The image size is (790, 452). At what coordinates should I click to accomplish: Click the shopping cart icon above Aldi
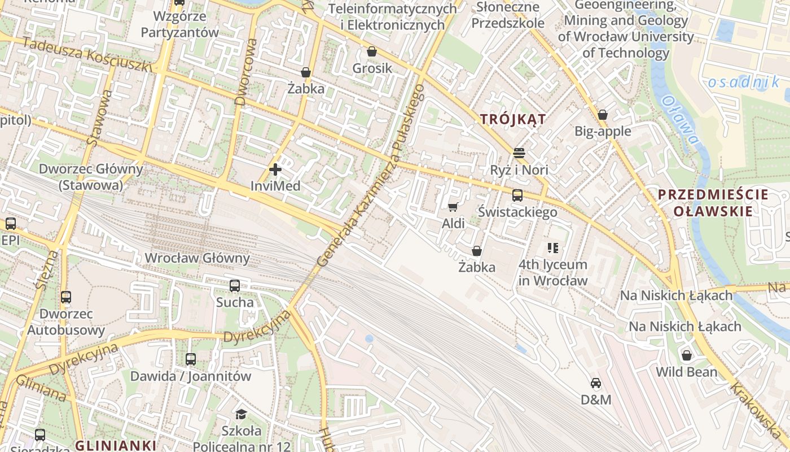click(453, 207)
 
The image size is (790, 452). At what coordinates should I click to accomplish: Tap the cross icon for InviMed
click(275, 169)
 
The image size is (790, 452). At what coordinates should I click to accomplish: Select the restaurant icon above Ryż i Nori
click(519, 153)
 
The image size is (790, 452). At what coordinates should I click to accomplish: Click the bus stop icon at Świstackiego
click(517, 195)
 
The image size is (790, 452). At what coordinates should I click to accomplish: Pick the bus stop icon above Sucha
click(235, 286)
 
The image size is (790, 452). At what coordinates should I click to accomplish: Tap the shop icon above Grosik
click(371, 52)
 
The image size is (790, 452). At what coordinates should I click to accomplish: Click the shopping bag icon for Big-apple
click(603, 115)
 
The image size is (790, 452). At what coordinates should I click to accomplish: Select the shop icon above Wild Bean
click(686, 356)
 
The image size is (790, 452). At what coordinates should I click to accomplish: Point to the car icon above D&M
click(596, 384)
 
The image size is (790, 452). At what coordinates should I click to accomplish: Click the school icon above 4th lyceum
click(553, 248)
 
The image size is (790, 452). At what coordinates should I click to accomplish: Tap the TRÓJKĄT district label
click(513, 119)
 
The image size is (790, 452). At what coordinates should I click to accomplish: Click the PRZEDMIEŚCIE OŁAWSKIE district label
click(713, 203)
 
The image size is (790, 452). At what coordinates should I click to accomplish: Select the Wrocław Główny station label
click(197, 258)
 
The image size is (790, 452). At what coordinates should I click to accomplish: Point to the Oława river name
click(680, 119)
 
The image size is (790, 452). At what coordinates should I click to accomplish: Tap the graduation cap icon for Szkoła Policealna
click(241, 414)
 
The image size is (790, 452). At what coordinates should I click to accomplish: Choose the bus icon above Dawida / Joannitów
click(191, 359)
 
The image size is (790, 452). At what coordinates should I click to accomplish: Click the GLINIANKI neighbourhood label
click(115, 445)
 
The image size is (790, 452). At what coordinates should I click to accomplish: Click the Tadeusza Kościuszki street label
click(87, 55)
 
